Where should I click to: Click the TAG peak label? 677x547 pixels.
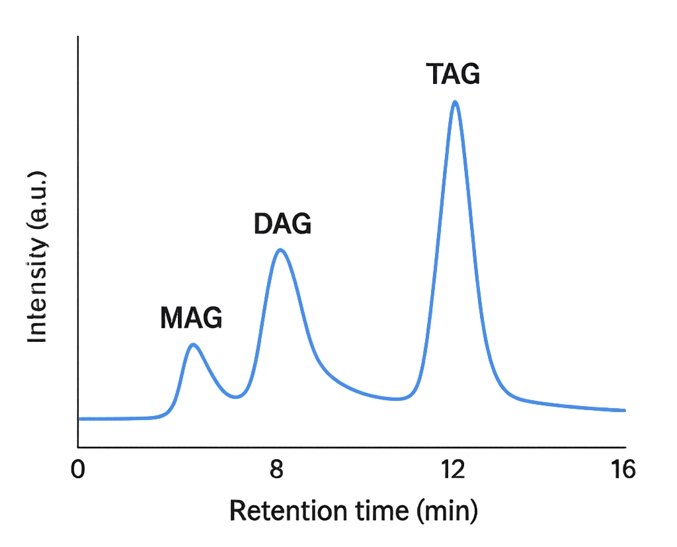453,74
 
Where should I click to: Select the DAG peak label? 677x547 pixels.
282,225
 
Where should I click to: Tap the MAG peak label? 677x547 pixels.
191,319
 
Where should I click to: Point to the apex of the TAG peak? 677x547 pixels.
455,102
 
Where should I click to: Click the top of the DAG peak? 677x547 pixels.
280,249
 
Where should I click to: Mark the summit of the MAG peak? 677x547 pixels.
193,344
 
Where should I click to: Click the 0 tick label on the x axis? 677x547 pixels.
79,470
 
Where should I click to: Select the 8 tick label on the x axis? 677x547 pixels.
278,470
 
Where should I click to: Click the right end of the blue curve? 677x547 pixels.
625,410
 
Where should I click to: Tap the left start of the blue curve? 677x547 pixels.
79,419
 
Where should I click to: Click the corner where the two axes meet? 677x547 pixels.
78,447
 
